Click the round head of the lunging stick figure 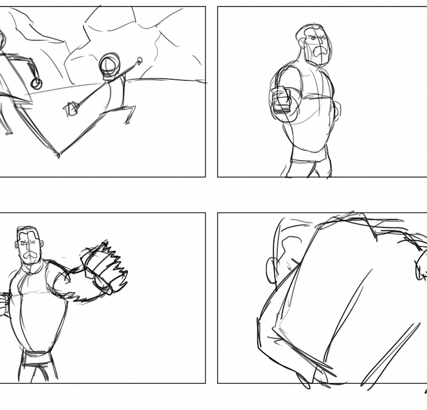click(x=110, y=66)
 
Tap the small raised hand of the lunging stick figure click(x=140, y=61)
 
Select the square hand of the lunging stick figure click(x=70, y=109)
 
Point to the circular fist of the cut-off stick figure click(x=36, y=83)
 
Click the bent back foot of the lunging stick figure click(x=129, y=119)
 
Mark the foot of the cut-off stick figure click(x=7, y=131)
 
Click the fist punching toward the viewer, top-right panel click(x=281, y=100)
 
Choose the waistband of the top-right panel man click(x=310, y=159)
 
